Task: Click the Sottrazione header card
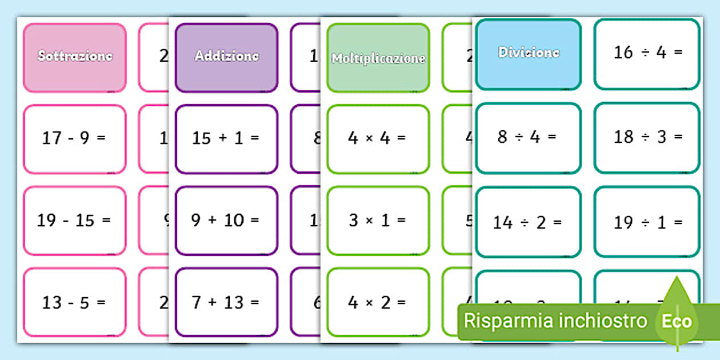(74, 57)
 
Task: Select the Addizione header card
(226, 57)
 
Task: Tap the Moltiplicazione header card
(378, 58)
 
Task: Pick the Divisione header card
(528, 54)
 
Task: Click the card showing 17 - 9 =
(74, 139)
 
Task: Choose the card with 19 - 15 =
(74, 221)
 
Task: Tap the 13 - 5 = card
(74, 302)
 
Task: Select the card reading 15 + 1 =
(226, 139)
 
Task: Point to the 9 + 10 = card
(226, 221)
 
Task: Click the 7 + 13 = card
(226, 302)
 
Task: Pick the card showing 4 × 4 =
(378, 139)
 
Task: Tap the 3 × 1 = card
(378, 221)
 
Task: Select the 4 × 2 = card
(378, 302)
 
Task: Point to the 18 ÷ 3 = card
(647, 138)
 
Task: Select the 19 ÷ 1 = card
(647, 222)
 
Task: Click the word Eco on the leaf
(677, 321)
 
